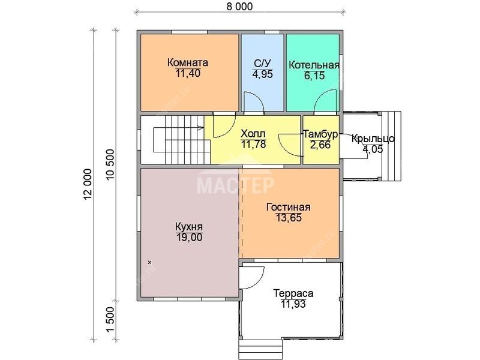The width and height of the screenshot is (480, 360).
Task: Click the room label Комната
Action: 188,62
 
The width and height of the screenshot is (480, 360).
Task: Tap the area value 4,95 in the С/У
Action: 262,74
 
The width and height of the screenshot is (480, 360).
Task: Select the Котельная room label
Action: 314,65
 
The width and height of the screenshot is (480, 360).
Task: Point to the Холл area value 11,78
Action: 253,144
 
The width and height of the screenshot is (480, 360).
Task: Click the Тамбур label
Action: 320,134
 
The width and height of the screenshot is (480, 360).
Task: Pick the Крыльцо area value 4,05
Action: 373,149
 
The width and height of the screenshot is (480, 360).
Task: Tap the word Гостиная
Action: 289,207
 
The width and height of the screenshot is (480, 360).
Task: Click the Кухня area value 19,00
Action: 189,237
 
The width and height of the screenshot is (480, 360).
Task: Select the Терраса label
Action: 293,293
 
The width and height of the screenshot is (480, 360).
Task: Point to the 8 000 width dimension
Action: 240,7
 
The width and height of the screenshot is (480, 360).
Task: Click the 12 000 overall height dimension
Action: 88,185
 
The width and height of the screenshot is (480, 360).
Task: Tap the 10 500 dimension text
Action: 110,164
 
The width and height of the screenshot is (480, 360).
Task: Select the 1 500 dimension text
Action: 110,320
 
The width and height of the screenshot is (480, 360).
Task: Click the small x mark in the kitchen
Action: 149,262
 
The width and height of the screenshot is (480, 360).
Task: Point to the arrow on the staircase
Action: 200,127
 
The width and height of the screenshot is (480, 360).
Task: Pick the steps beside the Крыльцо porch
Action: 392,146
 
